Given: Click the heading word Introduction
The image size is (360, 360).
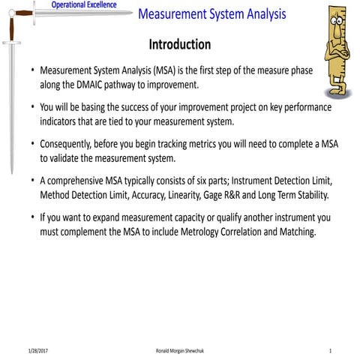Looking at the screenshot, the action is (x=179, y=44).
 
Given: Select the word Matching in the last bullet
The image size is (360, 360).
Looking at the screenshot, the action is (x=295, y=232).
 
